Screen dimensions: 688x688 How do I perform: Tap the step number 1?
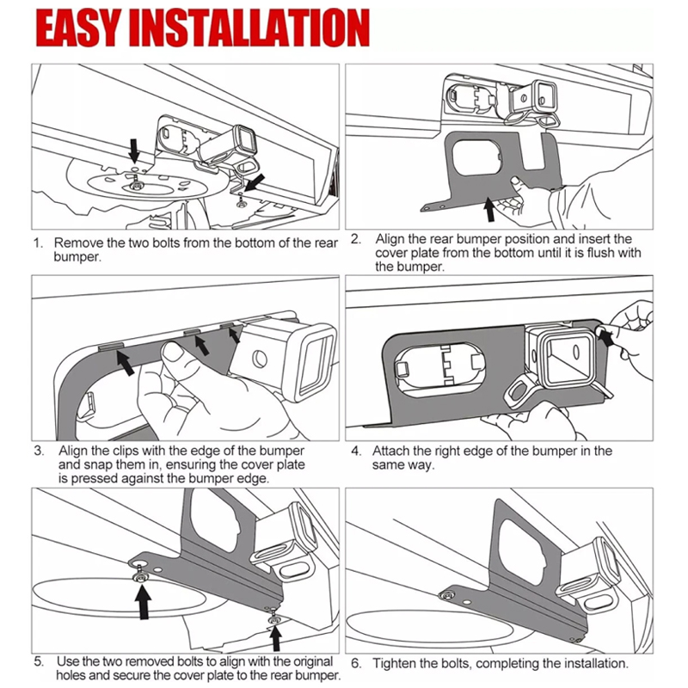pyautogui.click(x=38, y=243)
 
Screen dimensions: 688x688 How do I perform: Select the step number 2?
pyautogui.click(x=354, y=238)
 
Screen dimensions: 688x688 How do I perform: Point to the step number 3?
pyautogui.click(x=39, y=450)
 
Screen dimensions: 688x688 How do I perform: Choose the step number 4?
pyautogui.click(x=355, y=451)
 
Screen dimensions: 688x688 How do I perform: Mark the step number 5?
pyautogui.click(x=39, y=661)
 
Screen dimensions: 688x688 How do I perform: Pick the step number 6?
pyautogui.click(x=355, y=664)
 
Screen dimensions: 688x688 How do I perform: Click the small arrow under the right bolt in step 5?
pyautogui.click(x=274, y=636)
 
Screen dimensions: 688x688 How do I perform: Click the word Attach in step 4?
pyautogui.click(x=390, y=451)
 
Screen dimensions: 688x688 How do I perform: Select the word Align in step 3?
pyautogui.click(x=72, y=450)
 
